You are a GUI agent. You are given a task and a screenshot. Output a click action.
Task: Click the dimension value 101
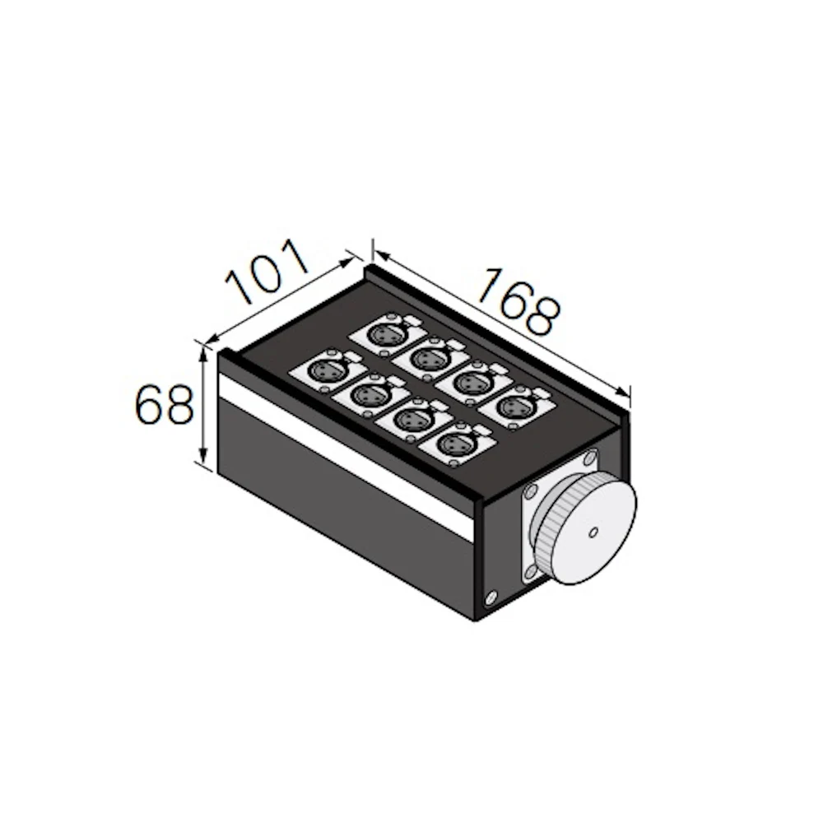[266, 272]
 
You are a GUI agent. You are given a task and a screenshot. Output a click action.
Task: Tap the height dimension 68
[165, 404]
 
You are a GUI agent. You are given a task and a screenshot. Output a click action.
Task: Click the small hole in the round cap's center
[593, 532]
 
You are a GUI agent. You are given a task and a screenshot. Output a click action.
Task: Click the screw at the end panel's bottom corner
[491, 596]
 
